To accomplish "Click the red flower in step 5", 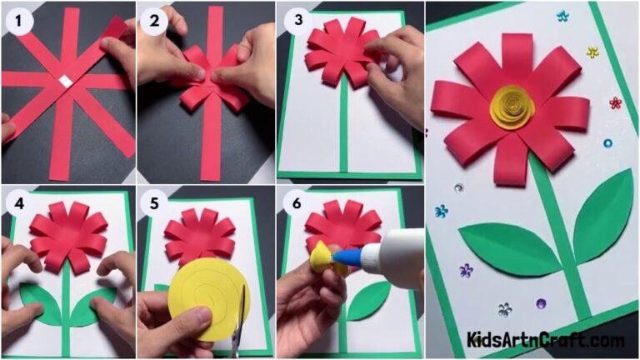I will click(199, 236).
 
